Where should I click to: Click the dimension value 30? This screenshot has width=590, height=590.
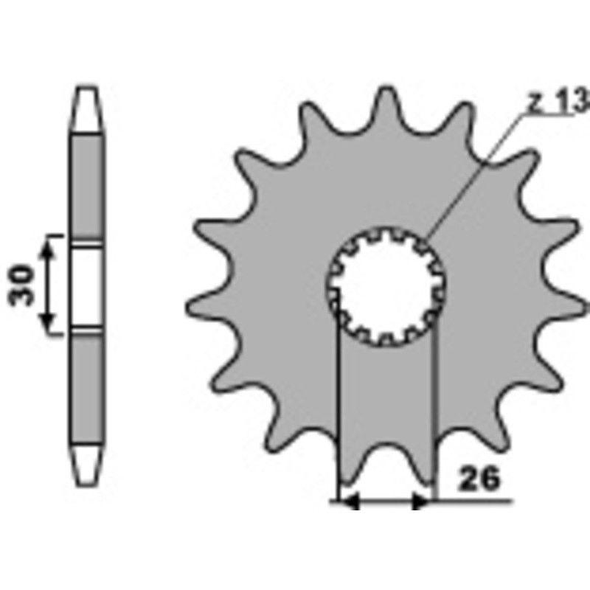[x=24, y=284]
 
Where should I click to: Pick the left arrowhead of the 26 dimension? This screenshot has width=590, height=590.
[x=347, y=502]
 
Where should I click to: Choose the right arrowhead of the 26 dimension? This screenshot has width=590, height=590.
[x=423, y=502]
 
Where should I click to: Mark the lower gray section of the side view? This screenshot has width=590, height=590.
[x=87, y=383]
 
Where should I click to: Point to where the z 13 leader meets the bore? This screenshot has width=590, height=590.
[x=427, y=240]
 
